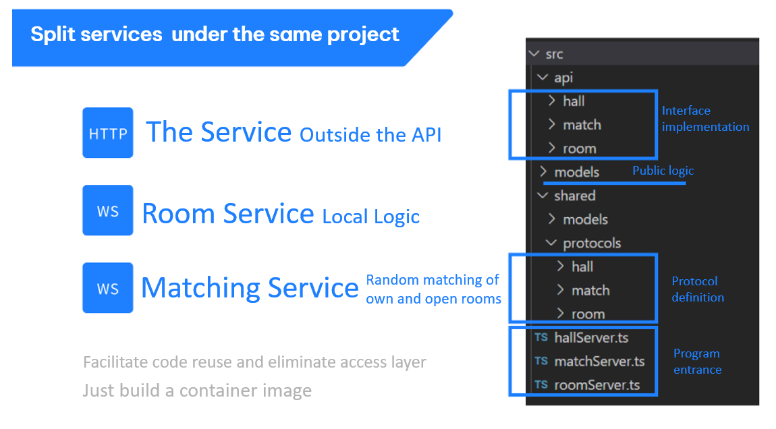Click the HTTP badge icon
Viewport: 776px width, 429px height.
108,133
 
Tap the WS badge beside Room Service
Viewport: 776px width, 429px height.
108,210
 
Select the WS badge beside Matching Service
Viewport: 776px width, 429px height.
108,288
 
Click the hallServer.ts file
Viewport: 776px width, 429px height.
582,337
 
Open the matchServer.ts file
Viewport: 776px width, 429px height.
590,362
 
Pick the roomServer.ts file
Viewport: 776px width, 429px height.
587,385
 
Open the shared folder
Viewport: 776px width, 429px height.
567,196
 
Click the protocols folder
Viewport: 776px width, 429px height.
584,243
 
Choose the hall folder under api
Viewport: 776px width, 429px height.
567,101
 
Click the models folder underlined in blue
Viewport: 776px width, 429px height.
570,172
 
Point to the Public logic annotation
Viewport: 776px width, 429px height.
663,171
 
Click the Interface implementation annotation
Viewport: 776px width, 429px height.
706,119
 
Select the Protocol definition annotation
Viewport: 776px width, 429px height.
698,289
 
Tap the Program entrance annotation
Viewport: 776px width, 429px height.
697,362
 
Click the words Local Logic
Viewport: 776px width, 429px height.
370,217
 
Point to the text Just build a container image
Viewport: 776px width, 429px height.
197,391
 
